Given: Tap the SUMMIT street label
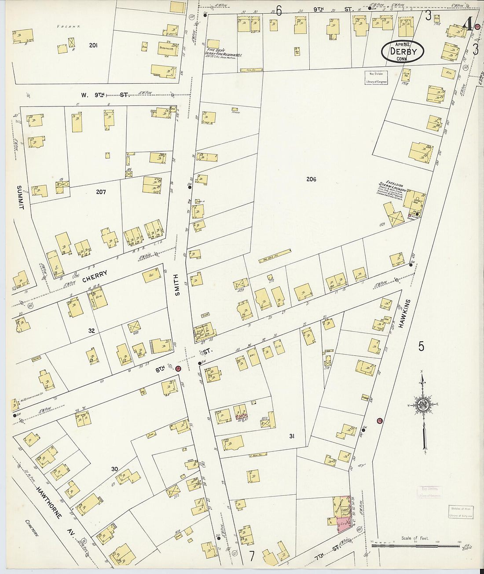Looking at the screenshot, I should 19,197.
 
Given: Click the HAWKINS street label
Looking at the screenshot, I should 407,314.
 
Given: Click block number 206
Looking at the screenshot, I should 312,179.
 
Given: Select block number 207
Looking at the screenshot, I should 100,192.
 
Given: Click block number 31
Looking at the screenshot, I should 291,436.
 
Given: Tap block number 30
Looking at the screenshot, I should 115,469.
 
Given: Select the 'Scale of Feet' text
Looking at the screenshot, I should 414,538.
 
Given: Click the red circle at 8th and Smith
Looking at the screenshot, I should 178,369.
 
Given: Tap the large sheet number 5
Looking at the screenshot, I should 421,346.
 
